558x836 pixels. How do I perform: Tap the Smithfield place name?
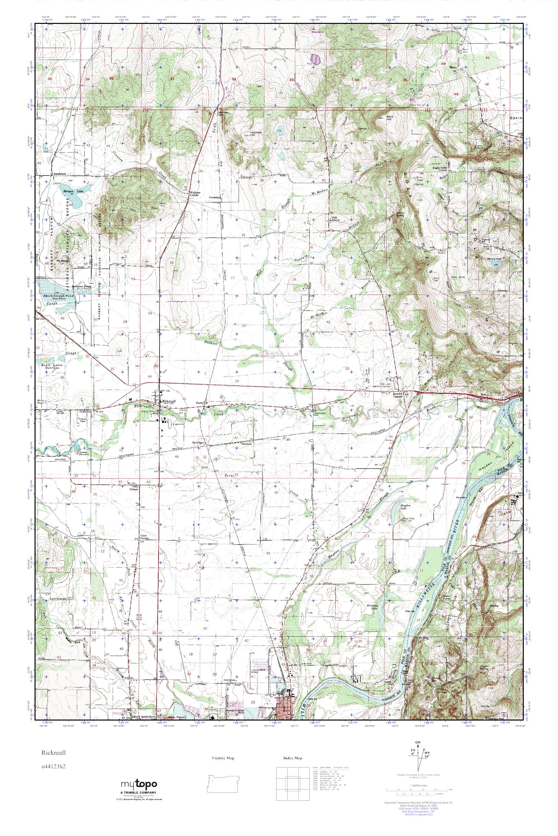point(59,174)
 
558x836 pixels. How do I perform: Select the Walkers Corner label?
point(194,194)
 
